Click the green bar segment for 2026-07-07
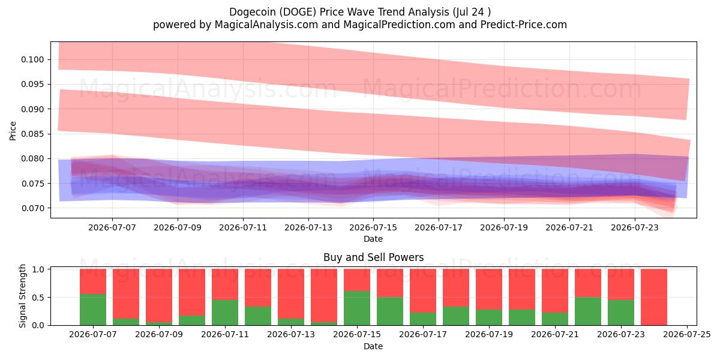93,310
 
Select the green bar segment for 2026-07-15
357,308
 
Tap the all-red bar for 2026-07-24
654,297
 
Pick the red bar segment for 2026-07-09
159,296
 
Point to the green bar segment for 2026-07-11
225,313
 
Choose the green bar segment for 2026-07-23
621,313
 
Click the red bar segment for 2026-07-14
324,296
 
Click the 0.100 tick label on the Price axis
32,60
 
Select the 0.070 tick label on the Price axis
32,208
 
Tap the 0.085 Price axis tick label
32,134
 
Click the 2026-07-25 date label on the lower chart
687,335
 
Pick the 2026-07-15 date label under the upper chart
373,227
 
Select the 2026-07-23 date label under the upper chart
635,227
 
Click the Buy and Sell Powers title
373,257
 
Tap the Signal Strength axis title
22,296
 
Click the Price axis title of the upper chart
13,131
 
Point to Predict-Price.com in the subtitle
524,25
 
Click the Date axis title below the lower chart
373,346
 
